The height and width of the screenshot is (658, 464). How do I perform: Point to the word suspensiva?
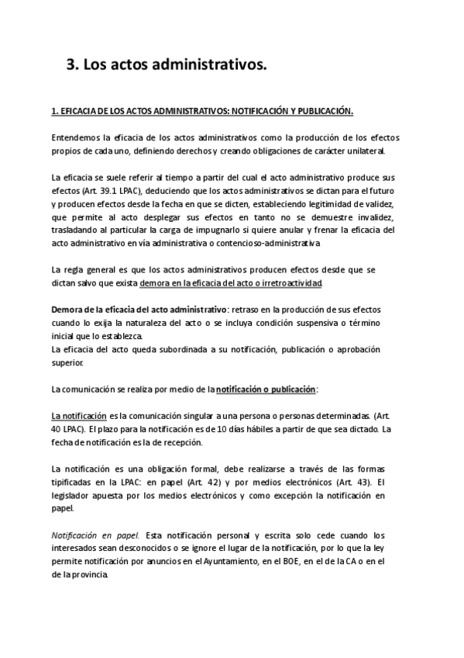coord(314,323)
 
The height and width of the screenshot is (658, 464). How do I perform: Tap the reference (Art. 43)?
coord(352,482)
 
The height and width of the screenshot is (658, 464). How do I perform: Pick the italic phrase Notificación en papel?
coord(95,535)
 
